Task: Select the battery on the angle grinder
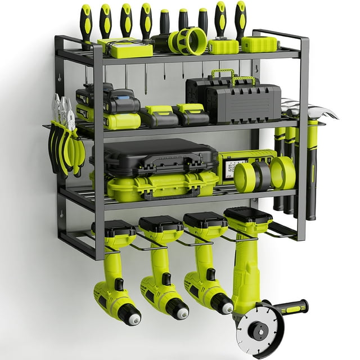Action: pyautogui.click(x=248, y=215)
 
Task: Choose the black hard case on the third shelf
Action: pyautogui.click(x=154, y=157)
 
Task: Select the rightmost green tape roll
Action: pyautogui.click(x=283, y=173)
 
